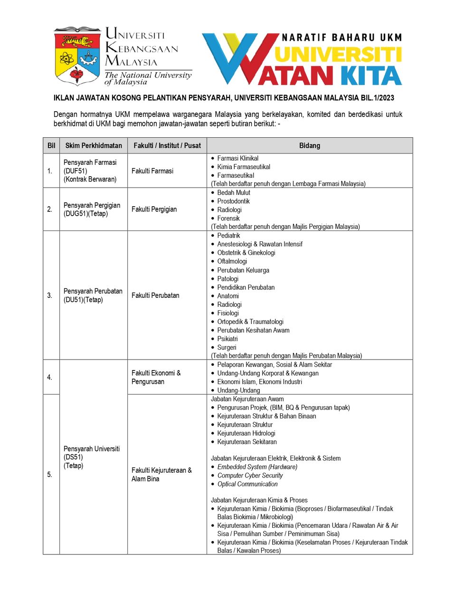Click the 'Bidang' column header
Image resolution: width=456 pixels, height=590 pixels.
click(309, 145)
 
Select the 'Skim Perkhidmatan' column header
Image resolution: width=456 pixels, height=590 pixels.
click(94, 145)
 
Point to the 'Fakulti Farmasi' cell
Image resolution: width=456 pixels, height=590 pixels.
click(152, 171)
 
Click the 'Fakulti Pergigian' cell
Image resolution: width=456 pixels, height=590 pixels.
click(154, 209)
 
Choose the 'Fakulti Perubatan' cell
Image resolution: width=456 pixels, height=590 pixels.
click(155, 295)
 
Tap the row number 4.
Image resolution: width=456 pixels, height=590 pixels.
click(49, 377)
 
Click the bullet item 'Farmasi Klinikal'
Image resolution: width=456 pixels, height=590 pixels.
click(237, 158)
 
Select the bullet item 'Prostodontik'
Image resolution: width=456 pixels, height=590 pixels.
click(233, 201)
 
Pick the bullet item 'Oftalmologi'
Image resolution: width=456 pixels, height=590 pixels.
click(232, 261)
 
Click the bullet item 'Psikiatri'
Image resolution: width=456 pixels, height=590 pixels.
click(228, 339)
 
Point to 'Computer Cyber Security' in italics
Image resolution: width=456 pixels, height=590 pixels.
click(250, 476)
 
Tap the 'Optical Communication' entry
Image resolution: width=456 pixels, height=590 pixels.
click(247, 484)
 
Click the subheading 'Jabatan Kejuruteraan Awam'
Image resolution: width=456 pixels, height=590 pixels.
click(247, 399)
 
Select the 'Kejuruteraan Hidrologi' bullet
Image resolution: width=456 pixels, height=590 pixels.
click(246, 433)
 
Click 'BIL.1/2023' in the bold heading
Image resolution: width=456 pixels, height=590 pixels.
click(377, 98)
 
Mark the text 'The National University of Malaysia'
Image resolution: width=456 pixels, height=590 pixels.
click(148, 78)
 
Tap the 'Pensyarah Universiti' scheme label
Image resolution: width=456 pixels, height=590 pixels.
click(92, 449)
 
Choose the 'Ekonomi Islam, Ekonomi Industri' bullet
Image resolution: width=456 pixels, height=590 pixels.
click(259, 382)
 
